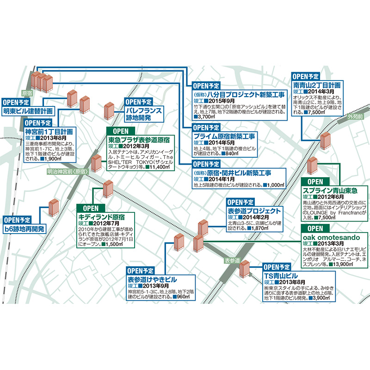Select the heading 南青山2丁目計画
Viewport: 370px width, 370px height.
317,86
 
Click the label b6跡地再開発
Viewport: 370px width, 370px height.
25,228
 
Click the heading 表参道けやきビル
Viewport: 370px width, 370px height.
152,279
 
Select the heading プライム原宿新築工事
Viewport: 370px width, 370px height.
224,136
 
